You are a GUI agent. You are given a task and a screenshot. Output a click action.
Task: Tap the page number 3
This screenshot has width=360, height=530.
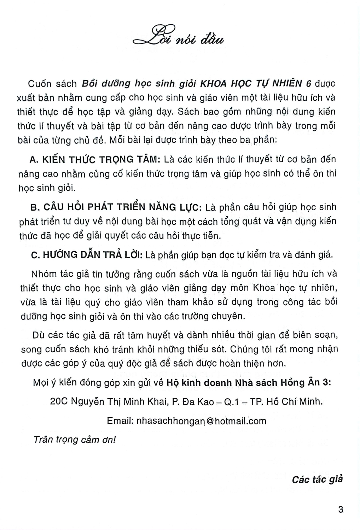point(341,510)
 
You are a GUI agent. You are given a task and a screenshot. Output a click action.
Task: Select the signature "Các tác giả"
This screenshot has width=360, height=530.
point(317,479)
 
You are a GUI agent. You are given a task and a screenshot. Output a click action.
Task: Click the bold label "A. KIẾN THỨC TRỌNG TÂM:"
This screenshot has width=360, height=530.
point(95,160)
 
